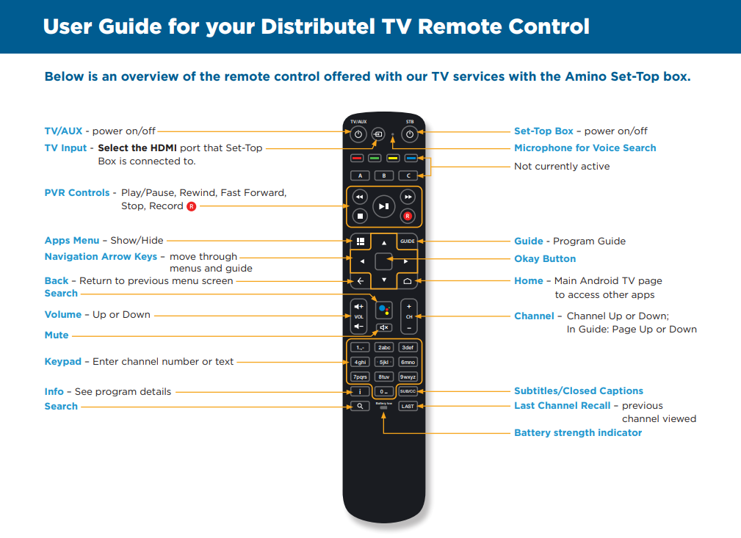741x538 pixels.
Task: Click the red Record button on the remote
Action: tap(408, 217)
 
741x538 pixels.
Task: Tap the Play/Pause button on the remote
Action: tap(384, 206)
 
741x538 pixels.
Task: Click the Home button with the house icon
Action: tap(408, 281)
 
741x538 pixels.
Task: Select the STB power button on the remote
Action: tap(410, 134)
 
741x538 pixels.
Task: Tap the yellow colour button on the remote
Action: tap(393, 159)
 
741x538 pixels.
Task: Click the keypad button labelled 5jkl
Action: tap(384, 363)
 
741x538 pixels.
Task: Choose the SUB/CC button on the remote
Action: tap(408, 392)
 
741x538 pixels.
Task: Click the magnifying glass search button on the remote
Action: tap(360, 406)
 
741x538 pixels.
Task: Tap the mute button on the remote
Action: tap(384, 327)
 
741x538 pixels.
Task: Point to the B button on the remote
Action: tap(384, 175)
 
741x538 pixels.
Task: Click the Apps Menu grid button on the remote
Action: tap(361, 241)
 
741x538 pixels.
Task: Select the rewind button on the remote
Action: tap(360, 197)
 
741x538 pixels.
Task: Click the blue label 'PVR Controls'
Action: tap(77, 193)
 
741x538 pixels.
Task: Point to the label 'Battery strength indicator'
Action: tap(578, 432)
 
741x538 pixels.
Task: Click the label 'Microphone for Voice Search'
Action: tap(585, 148)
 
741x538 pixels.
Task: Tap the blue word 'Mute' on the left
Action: tap(57, 335)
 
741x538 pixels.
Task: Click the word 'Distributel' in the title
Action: tap(318, 26)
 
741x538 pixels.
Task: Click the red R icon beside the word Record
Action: tap(192, 206)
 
